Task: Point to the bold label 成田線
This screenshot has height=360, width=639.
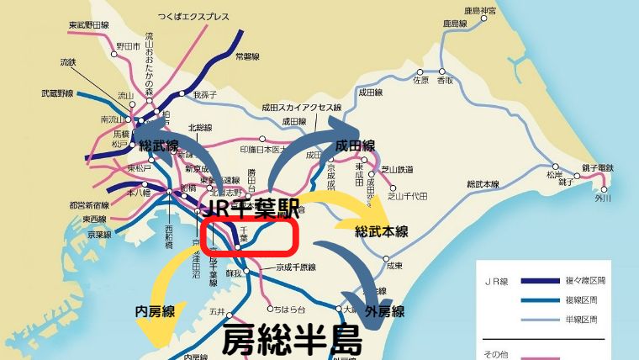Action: coord(355,145)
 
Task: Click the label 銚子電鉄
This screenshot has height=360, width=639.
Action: coord(597,169)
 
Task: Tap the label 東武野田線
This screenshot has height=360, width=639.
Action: coord(87,25)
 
